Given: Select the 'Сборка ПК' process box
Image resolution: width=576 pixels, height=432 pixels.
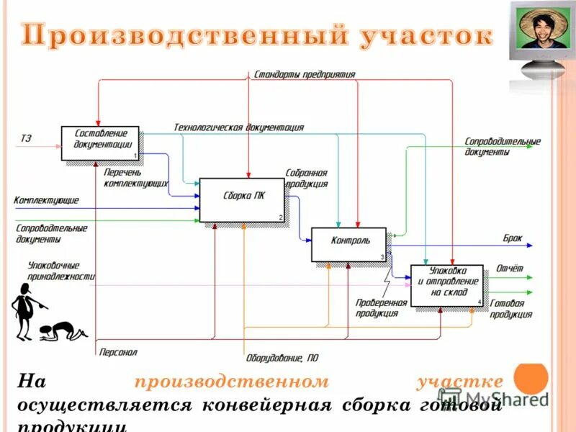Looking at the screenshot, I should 242,199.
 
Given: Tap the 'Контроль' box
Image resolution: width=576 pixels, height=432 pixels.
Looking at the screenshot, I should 349,244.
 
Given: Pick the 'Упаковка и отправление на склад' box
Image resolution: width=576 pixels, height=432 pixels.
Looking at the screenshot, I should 446,285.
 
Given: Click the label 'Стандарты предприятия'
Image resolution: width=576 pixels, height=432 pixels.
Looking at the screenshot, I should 304,74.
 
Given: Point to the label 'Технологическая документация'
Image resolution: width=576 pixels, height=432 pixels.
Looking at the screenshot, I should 238,127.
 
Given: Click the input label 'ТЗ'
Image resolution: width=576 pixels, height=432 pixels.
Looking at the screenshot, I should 26,138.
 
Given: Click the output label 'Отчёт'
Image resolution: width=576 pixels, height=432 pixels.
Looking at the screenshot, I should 509,269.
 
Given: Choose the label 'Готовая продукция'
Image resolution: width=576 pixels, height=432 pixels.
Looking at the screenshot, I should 510,309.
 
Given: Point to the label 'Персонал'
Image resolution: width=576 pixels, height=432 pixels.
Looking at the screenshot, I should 118,352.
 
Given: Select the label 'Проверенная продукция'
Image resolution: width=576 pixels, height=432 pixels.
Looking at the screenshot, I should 381,307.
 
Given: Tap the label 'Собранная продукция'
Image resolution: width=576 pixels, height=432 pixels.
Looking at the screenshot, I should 307,178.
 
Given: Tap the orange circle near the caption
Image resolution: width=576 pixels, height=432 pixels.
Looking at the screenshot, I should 533,378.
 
